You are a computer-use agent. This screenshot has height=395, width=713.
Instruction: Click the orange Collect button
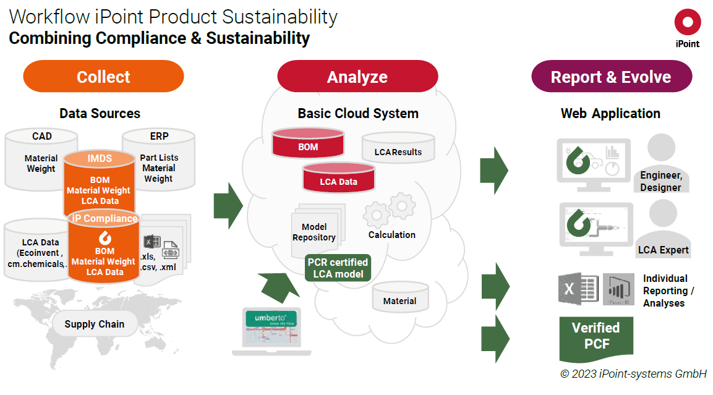click(x=103, y=77)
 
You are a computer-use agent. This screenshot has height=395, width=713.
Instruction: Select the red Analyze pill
click(x=357, y=77)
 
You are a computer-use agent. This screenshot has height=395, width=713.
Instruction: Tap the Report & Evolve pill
click(x=611, y=77)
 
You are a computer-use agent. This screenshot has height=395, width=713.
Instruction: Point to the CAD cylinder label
click(x=42, y=136)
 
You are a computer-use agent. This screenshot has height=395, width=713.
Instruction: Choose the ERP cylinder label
click(x=158, y=136)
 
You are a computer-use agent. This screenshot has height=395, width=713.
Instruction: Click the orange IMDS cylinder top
click(x=100, y=159)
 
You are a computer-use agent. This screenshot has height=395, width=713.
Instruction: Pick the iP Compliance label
click(x=105, y=218)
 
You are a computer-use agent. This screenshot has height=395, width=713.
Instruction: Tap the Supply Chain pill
click(x=94, y=324)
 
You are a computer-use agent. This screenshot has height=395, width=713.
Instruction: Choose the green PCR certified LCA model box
click(x=338, y=268)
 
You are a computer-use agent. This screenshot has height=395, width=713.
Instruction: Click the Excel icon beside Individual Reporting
click(x=577, y=289)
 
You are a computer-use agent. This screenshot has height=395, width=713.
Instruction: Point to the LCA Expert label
click(x=664, y=250)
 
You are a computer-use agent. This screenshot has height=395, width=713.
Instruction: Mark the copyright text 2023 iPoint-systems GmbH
click(x=633, y=373)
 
